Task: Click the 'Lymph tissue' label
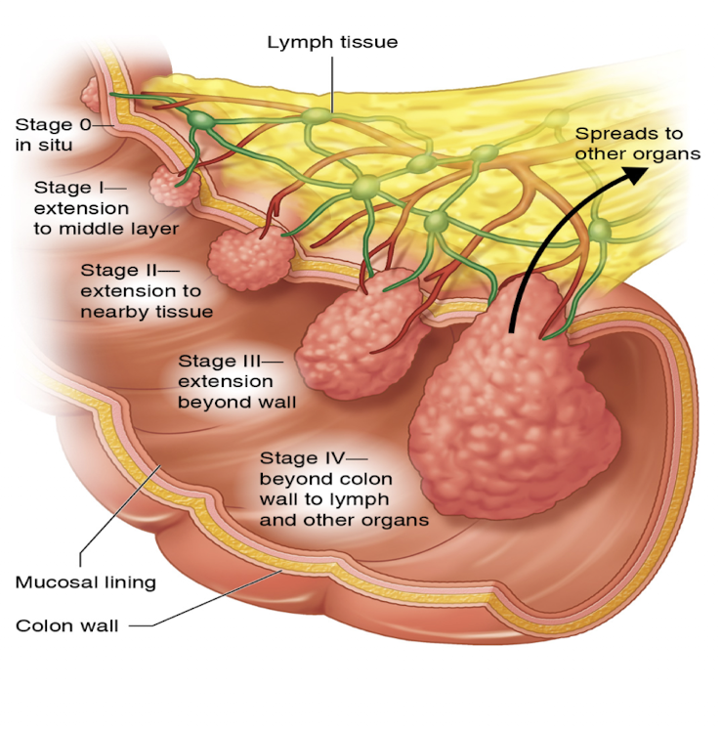[332, 42]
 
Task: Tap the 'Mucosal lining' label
[86, 582]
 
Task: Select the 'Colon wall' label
[67, 625]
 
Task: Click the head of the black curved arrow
[635, 174]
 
